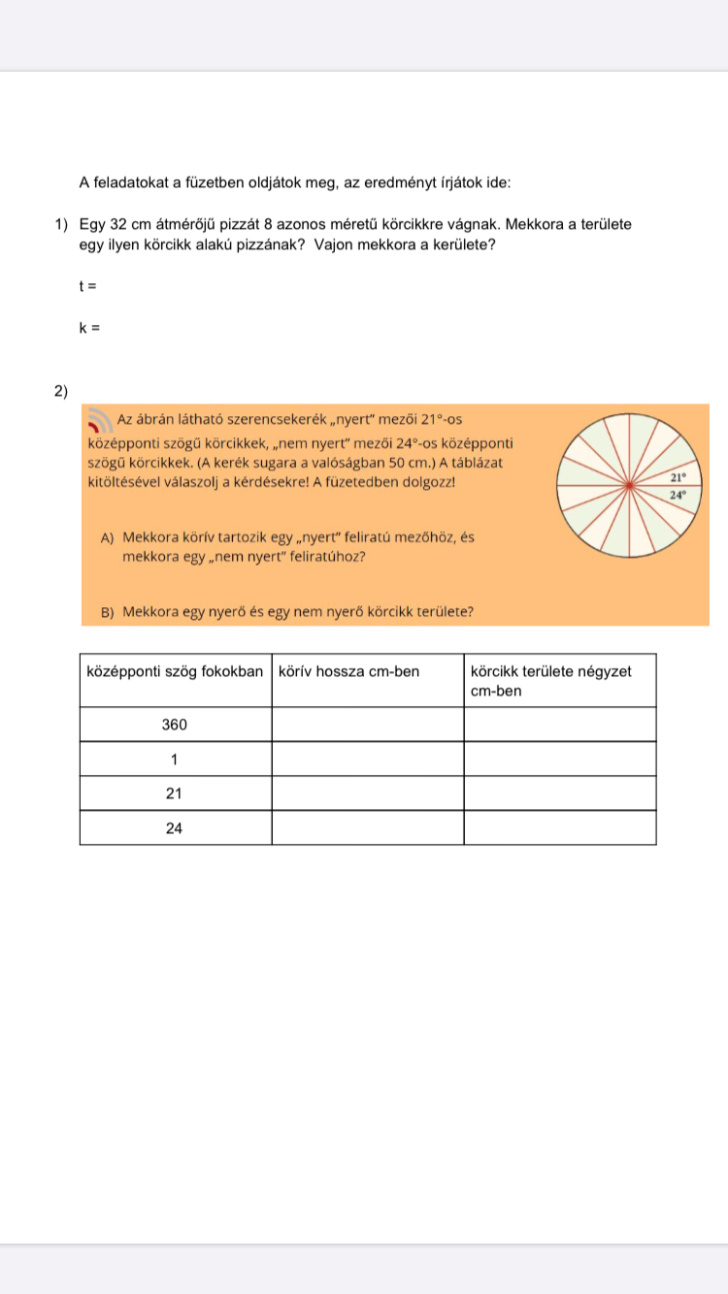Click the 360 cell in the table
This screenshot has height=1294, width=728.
click(175, 725)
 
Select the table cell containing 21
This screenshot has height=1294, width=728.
click(175, 793)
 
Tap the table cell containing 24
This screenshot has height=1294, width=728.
click(175, 828)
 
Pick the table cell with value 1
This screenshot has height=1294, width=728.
click(175, 759)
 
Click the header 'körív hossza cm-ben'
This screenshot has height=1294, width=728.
click(348, 671)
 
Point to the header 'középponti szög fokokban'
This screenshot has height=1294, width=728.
click(175, 671)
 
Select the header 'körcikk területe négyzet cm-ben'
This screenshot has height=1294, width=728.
click(550, 680)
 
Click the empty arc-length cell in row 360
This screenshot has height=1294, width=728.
click(367, 725)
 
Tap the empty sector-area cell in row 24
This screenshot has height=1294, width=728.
click(559, 828)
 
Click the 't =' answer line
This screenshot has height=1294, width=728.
click(87, 286)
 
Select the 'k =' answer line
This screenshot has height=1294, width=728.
click(89, 328)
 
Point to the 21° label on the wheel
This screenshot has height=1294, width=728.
click(678, 477)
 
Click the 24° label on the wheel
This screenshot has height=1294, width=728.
click(678, 495)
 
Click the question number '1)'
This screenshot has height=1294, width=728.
click(62, 225)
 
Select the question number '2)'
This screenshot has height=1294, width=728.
click(62, 391)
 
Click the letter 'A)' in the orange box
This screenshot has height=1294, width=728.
click(107, 536)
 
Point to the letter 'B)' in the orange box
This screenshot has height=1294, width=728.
click(107, 612)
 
